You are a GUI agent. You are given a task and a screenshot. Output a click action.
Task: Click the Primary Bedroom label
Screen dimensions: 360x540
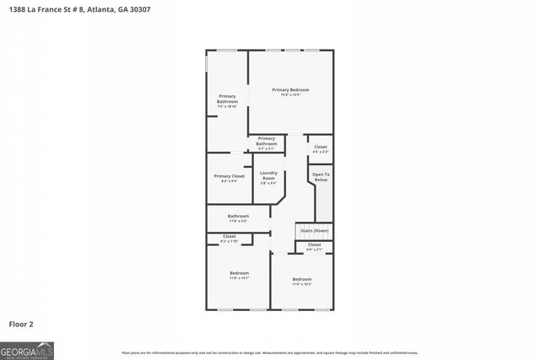tap(290, 89)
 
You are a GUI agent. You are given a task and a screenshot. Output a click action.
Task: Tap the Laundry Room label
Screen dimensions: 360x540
tap(268, 175)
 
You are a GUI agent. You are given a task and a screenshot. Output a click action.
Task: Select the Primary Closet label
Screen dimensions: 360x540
tap(229, 175)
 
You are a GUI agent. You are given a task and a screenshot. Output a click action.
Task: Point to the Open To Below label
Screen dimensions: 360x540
tap(321, 176)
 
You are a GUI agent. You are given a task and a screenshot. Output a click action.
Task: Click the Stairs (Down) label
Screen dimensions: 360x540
tap(315, 230)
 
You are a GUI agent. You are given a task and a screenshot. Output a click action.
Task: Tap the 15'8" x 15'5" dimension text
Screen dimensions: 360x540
tap(290, 94)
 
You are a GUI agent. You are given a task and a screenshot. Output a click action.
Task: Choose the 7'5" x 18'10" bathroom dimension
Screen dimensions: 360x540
tap(227, 106)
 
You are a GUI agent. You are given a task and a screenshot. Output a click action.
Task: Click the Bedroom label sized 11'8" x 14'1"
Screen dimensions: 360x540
tap(239, 272)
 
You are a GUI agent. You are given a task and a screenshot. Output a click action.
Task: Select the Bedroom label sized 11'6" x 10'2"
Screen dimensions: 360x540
tap(302, 278)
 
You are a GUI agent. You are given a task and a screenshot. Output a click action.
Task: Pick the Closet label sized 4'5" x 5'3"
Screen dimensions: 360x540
tap(321, 147)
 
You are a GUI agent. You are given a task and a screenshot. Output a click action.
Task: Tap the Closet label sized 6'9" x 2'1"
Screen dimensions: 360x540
tap(314, 244)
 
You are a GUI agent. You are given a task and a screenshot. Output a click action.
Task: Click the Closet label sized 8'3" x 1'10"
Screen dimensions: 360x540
tap(229, 236)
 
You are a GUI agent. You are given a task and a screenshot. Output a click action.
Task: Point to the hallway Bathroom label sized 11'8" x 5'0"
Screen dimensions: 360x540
tap(238, 216)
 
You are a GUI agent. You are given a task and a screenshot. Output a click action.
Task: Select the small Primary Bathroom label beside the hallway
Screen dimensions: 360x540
tap(267, 141)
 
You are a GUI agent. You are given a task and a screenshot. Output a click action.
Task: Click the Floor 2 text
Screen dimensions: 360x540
tap(21, 323)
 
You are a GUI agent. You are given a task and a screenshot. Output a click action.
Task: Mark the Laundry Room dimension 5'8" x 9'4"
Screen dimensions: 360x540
tap(268, 183)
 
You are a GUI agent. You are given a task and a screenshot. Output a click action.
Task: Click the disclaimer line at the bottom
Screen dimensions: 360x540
tap(269, 352)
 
